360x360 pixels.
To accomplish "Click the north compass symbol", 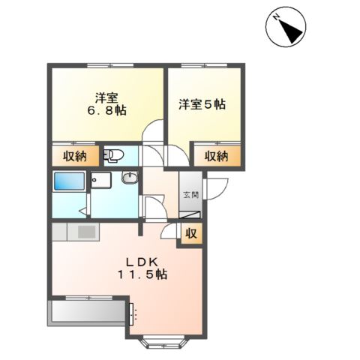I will click(x=286, y=26).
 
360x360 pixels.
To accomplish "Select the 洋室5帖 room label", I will click(x=202, y=104).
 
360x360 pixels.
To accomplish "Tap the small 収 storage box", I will click(x=190, y=234).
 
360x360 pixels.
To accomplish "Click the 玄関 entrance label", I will click(x=190, y=194).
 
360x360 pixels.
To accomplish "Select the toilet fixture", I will click(x=114, y=155).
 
